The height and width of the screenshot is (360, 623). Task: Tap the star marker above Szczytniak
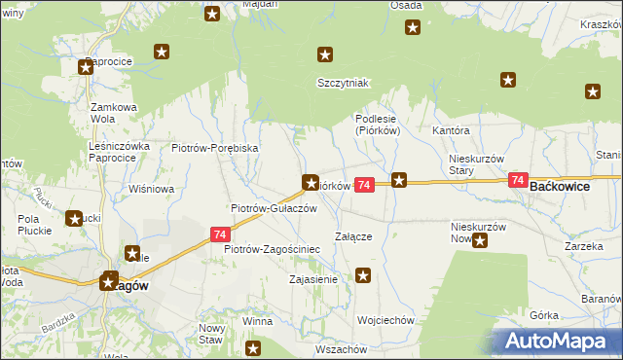tap(327, 55)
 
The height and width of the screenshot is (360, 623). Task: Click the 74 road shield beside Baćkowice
tap(517, 181)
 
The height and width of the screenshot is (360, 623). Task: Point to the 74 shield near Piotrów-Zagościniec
tap(220, 234)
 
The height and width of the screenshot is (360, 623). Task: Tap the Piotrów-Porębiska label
tap(214, 148)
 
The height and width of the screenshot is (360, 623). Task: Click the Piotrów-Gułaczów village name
tap(274, 208)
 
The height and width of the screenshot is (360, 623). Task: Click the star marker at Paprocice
tap(86, 67)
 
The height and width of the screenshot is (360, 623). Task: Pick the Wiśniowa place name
tap(151, 189)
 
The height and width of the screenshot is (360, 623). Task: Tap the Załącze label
tap(354, 235)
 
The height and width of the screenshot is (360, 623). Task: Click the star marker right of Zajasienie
tap(363, 277)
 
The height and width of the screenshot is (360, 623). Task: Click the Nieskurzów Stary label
tap(475, 163)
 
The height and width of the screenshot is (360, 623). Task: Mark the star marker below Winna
tap(254, 347)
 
